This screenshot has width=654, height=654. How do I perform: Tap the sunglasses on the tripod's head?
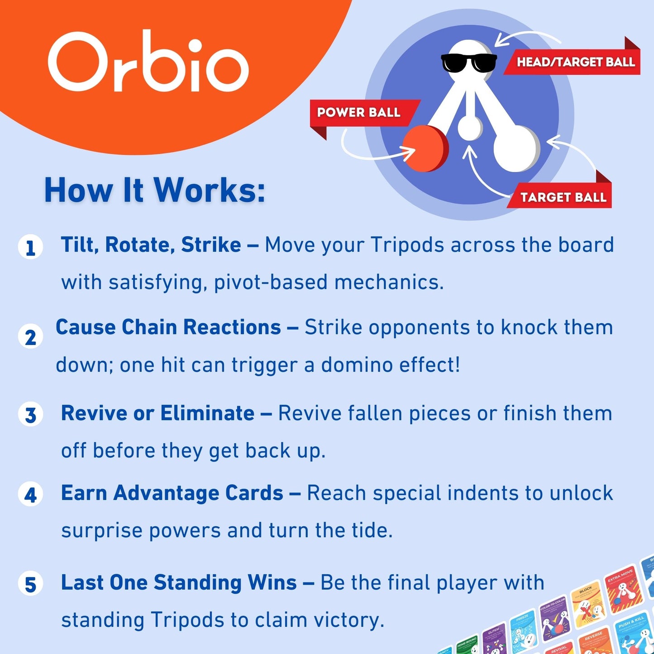468,63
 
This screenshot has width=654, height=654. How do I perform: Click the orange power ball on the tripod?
425,148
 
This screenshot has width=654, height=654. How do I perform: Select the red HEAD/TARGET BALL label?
575,62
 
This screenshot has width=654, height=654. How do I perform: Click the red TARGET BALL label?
563,197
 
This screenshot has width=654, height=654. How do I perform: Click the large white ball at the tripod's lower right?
516,148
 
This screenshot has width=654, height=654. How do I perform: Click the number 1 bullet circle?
30,248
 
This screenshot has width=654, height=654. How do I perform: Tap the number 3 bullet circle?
30,415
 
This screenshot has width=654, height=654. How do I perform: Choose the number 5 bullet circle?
30,583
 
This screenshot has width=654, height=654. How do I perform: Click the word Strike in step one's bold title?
211,245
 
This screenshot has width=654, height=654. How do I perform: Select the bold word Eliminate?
207,413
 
